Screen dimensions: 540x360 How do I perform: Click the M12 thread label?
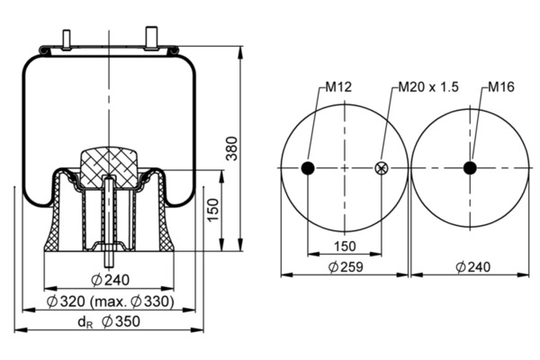[x=338, y=86]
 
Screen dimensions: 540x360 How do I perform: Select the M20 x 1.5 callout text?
[x=428, y=86]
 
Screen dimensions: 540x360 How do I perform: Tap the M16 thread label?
[x=501, y=86]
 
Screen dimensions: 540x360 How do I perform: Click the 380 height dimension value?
[x=232, y=148]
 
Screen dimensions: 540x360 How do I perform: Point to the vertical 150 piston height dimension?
[x=213, y=210]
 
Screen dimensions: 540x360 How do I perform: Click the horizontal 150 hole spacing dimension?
[x=345, y=247]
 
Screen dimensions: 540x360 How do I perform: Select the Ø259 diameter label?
[x=346, y=266]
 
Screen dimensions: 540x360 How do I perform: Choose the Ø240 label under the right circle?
[x=472, y=266]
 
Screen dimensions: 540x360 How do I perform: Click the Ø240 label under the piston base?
[x=111, y=280]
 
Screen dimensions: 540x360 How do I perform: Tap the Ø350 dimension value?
[x=121, y=321]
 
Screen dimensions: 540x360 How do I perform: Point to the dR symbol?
[x=85, y=322]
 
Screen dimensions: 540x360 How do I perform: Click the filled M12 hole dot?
[x=308, y=168]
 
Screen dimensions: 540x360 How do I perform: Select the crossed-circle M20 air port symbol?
[x=382, y=168]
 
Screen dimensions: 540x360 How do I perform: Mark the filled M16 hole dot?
[x=470, y=168]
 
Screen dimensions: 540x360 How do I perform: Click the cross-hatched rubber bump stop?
[x=109, y=167]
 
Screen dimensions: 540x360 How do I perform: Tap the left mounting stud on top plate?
[x=66, y=40]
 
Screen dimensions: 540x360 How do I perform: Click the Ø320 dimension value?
[x=66, y=301]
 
